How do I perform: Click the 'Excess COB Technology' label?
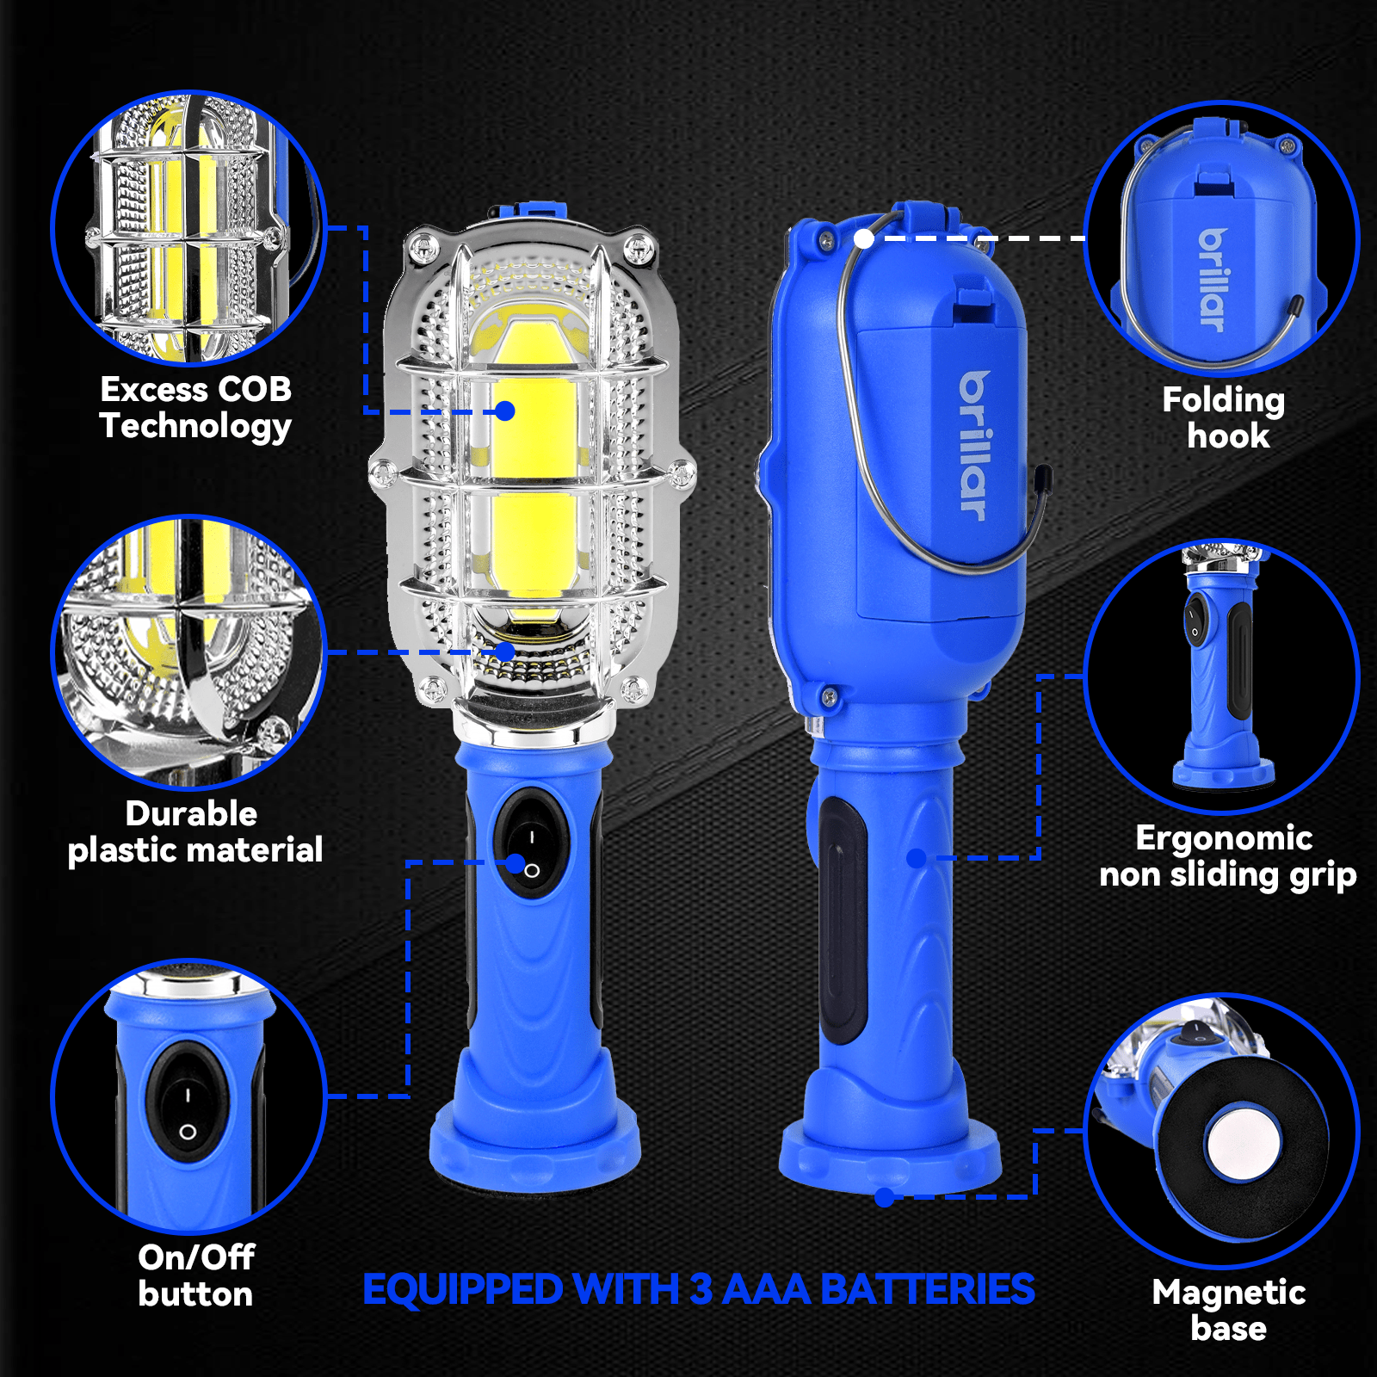(x=195, y=407)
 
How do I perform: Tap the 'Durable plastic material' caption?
(x=195, y=832)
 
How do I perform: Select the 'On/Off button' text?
(x=195, y=1275)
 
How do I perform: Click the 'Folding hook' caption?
(x=1226, y=417)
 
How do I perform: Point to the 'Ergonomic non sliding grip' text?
(x=1226, y=856)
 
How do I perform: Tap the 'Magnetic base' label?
(x=1228, y=1310)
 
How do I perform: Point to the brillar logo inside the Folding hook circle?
(x=1212, y=280)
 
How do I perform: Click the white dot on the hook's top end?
(x=863, y=239)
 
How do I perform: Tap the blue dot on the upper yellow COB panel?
(x=505, y=411)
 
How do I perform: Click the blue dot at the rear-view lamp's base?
(x=884, y=1197)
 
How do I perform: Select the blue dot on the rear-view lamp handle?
(x=917, y=858)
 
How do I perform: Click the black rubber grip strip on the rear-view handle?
(x=842, y=917)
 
